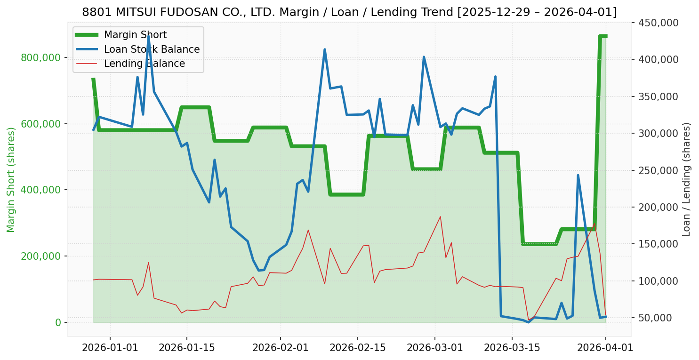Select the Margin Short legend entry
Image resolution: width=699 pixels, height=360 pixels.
(135, 35)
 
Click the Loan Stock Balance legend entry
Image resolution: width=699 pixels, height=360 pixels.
(152, 49)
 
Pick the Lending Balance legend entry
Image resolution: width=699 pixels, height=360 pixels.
(144, 64)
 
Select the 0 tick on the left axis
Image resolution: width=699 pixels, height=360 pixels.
(58, 322)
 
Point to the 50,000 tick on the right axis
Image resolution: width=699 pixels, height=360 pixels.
(658, 318)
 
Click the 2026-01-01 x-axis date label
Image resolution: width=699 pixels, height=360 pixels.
(110, 348)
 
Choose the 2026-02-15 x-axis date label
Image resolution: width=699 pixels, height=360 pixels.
(357, 348)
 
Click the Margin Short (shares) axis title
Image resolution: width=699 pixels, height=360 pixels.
(11, 180)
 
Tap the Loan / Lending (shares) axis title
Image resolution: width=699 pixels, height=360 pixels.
(686, 179)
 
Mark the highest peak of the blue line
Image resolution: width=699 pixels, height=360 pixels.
(148, 36)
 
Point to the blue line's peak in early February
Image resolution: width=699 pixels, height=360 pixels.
(325, 49)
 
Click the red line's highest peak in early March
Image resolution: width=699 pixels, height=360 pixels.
(440, 216)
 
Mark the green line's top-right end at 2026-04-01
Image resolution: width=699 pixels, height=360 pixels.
(605, 36)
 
